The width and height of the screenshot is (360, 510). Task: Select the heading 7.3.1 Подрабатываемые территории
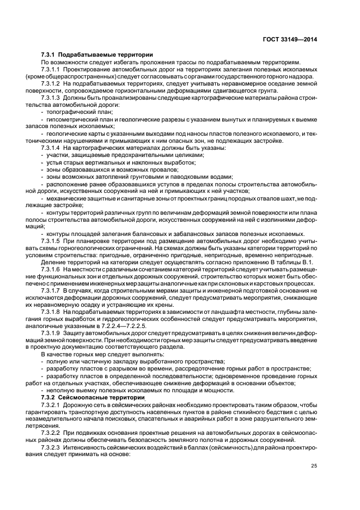pos(97,54)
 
